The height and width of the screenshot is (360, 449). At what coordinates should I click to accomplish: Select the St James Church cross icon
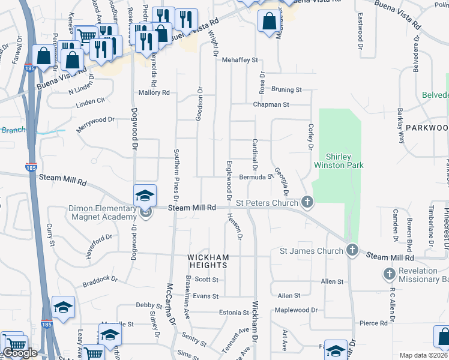pyautogui.click(x=352, y=250)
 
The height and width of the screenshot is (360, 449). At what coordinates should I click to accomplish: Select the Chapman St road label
pyautogui.click(x=271, y=104)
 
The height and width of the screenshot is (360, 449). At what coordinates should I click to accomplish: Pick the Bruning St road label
pyautogui.click(x=286, y=89)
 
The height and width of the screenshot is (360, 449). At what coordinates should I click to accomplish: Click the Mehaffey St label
pyautogui.click(x=240, y=60)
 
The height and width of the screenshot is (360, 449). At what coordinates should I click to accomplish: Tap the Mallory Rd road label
pyautogui.click(x=154, y=92)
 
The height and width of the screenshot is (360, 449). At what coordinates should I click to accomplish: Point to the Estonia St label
pyautogui.click(x=234, y=313)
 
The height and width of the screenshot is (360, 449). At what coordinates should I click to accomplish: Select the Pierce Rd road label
pyautogui.click(x=373, y=323)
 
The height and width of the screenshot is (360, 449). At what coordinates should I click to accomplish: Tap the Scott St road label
pyautogui.click(x=206, y=279)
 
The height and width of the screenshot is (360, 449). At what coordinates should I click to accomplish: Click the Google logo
pyautogui.click(x=20, y=353)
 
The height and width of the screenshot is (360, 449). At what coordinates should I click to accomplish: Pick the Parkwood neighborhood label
pyautogui.click(x=427, y=128)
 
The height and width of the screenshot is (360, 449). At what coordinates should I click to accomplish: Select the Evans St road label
pyautogui.click(x=205, y=296)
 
